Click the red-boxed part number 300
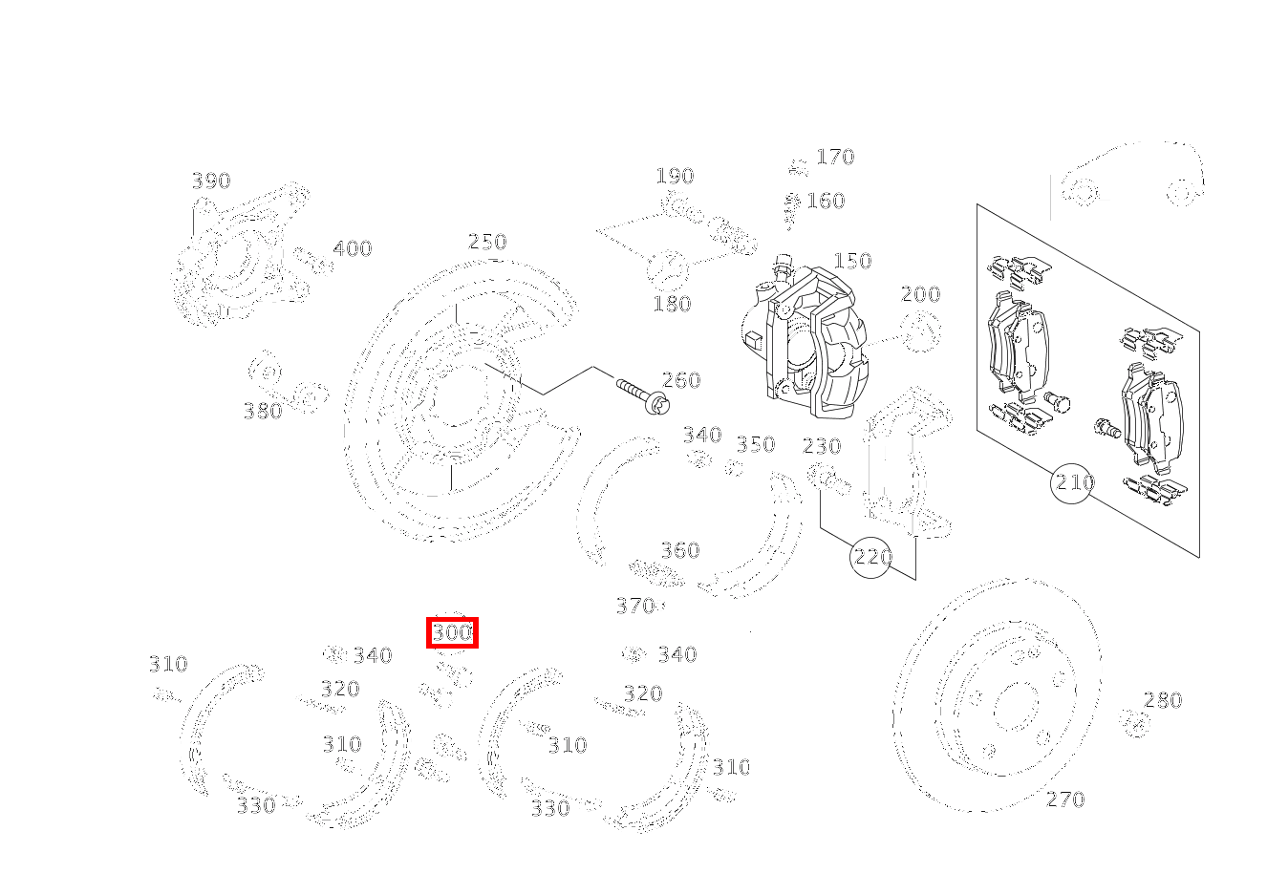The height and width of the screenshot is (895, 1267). [452, 632]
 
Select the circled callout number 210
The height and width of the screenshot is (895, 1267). [1073, 483]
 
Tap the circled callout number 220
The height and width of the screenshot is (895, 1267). [871, 557]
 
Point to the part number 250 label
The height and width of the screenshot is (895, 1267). [487, 242]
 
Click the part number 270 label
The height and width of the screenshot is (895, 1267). [1065, 799]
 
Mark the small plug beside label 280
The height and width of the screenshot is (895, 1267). [1134, 723]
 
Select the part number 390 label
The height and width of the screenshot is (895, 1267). [211, 181]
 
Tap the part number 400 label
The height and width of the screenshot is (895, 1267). [352, 248]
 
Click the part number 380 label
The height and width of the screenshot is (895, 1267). [263, 411]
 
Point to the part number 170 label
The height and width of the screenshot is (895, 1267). [835, 157]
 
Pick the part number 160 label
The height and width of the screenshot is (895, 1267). [826, 201]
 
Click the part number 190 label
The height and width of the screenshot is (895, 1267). [675, 176]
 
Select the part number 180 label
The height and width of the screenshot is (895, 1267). [672, 304]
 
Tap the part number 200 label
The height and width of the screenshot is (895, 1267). [920, 294]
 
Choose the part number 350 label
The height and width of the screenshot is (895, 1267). [755, 444]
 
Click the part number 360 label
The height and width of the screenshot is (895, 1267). [680, 550]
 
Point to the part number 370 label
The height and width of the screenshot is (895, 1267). [634, 606]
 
